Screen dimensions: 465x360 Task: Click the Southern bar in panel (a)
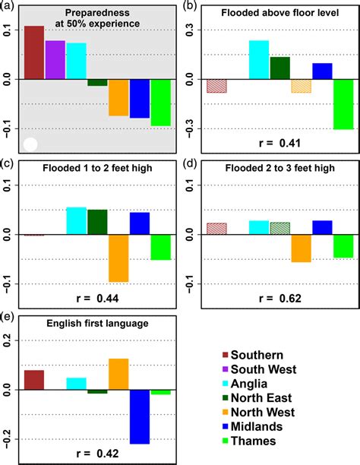34,52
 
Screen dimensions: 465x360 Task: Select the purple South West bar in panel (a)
55,59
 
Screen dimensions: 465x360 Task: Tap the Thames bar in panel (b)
343,103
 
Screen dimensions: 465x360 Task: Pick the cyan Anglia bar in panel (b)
259,59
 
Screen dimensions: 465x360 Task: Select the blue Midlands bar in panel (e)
139,416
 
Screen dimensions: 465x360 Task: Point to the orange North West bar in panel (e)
118,374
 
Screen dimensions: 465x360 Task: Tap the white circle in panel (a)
30,144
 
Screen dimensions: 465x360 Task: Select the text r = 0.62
279,299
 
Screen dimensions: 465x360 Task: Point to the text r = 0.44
97,299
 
